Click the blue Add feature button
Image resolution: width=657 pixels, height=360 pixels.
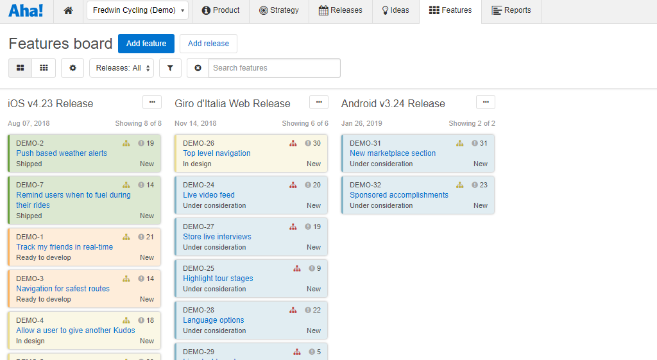click(x=146, y=44)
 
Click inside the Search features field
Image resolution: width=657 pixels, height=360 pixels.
click(x=274, y=68)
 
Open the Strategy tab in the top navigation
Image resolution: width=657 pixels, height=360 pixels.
click(x=279, y=11)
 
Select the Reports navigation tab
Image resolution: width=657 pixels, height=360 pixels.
click(x=511, y=11)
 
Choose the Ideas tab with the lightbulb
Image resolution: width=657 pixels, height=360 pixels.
click(x=395, y=11)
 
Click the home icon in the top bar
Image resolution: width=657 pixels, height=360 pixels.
click(x=69, y=11)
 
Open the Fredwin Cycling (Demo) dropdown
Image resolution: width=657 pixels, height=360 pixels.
click(x=137, y=11)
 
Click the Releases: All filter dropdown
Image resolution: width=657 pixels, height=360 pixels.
click(x=121, y=68)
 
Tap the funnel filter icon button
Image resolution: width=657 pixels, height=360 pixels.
click(x=170, y=68)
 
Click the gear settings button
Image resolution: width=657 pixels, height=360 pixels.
click(x=73, y=68)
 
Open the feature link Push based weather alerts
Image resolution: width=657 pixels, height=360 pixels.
click(x=62, y=153)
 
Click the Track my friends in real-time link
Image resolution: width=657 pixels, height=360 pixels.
click(x=64, y=247)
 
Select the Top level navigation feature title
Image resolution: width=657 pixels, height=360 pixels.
click(x=217, y=153)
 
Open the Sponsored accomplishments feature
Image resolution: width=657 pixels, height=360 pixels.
click(x=399, y=195)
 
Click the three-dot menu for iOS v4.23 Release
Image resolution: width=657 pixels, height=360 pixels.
click(x=152, y=102)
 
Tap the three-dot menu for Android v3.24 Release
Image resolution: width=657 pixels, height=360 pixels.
click(x=486, y=102)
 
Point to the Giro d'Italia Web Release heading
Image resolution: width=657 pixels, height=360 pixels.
click(x=232, y=104)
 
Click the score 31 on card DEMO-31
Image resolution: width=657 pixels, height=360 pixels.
click(x=483, y=144)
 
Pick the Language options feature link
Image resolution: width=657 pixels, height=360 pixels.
click(x=214, y=320)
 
